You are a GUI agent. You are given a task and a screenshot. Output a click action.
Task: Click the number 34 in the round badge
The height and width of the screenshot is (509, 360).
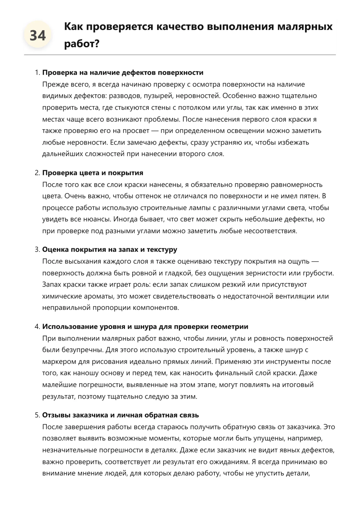[x=38, y=36]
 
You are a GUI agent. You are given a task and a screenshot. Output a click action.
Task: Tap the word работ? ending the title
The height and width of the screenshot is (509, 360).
[x=82, y=44]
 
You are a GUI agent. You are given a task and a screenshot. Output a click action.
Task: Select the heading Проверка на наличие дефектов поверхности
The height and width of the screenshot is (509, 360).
[x=123, y=73]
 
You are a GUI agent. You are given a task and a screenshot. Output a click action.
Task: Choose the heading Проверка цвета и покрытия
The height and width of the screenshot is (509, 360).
[x=93, y=173]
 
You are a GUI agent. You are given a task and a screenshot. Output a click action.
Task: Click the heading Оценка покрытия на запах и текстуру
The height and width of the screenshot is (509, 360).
[x=110, y=249]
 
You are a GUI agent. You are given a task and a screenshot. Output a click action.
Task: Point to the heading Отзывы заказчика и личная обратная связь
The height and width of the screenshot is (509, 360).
[x=120, y=415]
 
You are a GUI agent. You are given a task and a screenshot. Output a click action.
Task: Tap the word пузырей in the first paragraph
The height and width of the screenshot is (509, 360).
[x=160, y=96]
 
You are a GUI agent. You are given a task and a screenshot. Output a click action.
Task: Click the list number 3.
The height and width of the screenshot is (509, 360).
[x=37, y=249]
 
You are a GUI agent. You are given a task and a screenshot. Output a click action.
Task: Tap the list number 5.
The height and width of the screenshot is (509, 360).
[x=37, y=415]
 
